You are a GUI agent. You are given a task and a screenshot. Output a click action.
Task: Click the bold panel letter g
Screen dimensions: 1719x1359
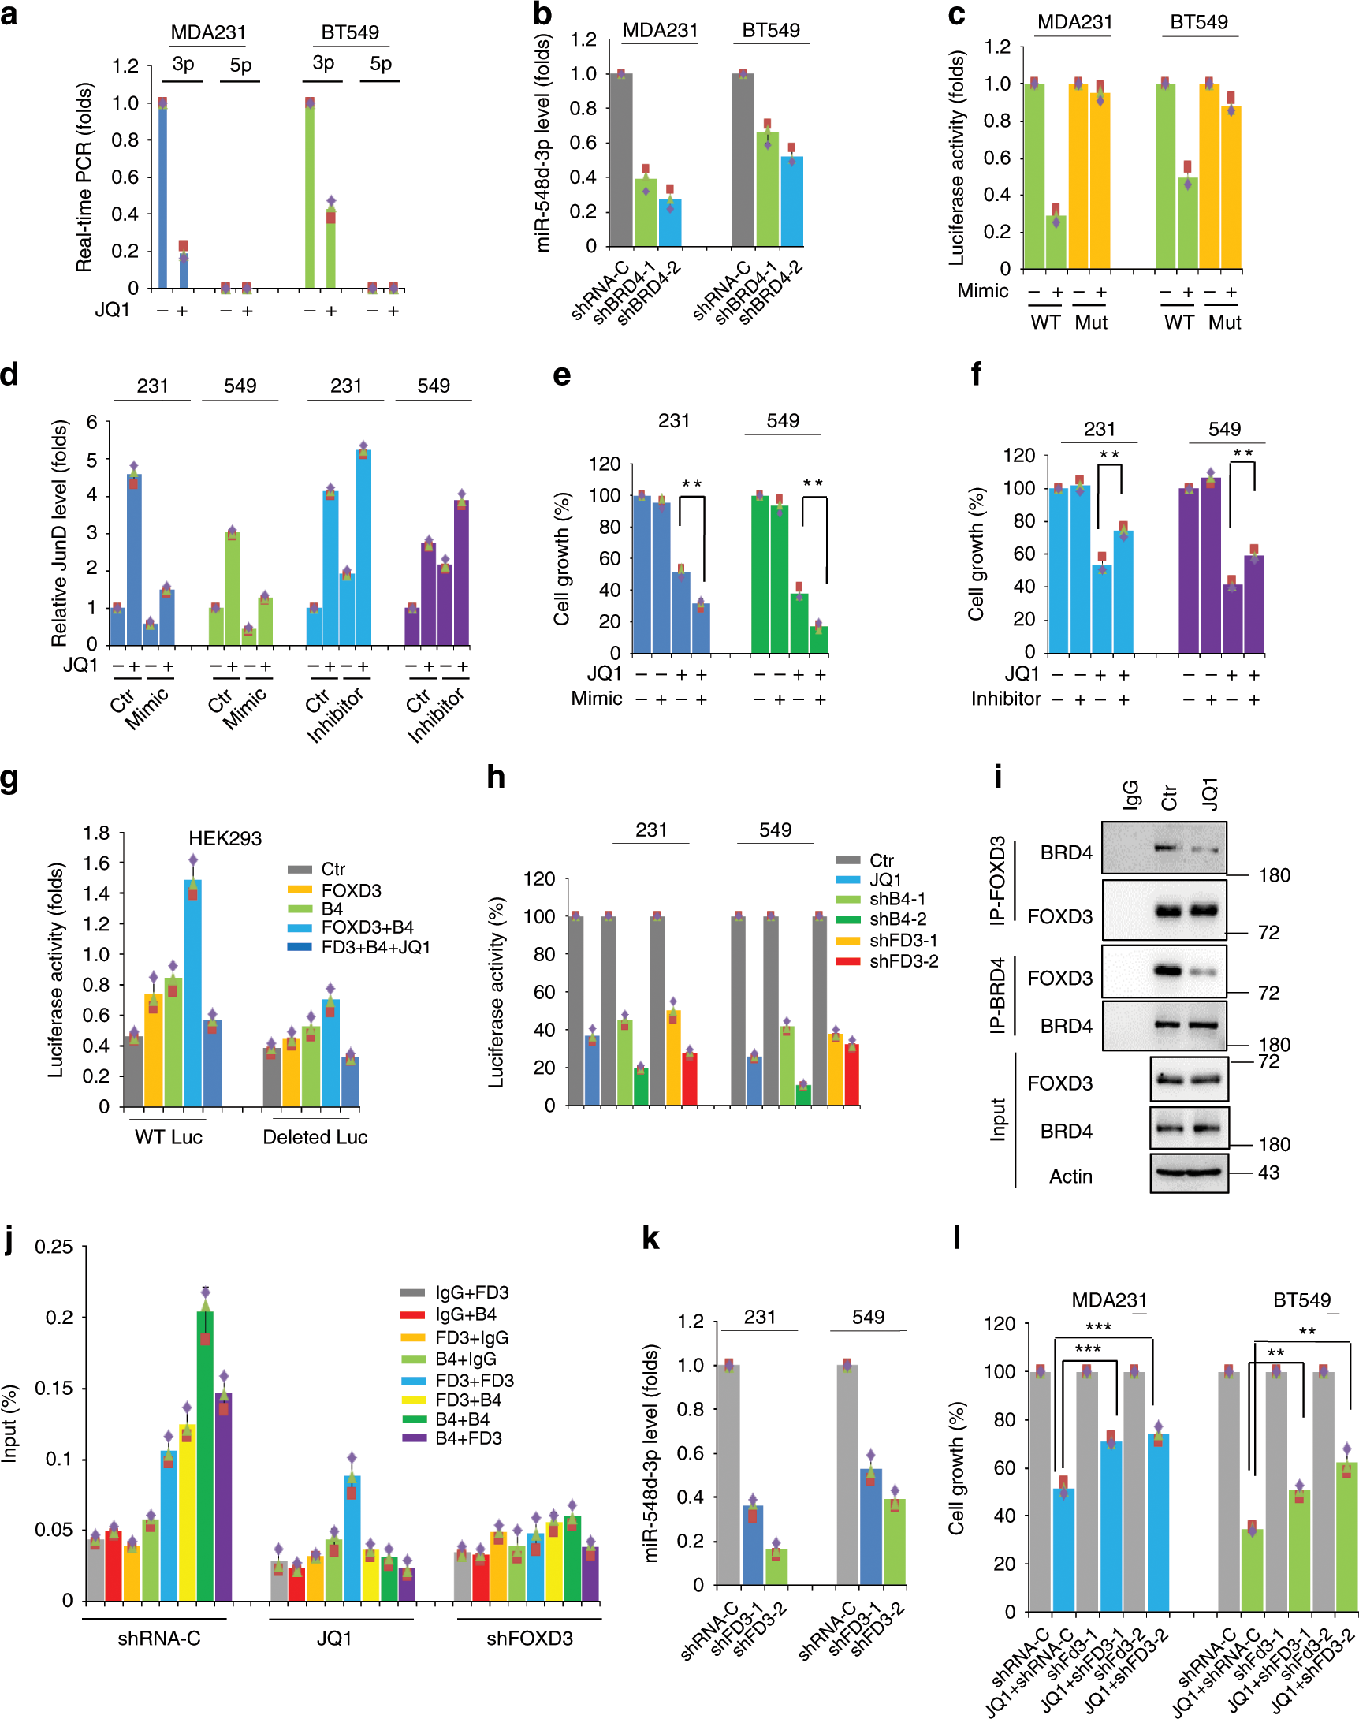(x=9, y=778)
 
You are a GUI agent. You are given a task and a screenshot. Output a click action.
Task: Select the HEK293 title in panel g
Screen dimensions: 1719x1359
(x=225, y=838)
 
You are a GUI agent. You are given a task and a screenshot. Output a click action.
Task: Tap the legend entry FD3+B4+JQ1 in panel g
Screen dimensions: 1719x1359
(x=375, y=947)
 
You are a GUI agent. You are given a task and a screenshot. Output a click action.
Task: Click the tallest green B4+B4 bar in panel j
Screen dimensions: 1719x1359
(x=205, y=1456)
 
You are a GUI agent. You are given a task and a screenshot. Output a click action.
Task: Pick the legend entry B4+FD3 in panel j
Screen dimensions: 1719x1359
(x=468, y=1438)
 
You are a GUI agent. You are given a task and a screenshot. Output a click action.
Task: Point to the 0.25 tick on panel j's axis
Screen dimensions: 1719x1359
(x=54, y=1247)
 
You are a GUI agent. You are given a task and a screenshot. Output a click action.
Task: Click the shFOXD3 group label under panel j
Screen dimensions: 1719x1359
(x=529, y=1638)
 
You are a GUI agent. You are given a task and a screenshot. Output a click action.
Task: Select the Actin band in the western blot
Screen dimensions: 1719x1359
(x=1189, y=1172)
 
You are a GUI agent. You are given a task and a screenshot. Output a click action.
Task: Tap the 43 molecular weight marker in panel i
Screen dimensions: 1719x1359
(x=1269, y=1173)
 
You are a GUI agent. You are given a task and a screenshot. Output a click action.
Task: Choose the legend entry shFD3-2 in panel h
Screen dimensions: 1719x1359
(x=903, y=961)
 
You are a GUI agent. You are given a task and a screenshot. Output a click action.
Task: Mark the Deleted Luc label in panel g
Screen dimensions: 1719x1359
(x=315, y=1137)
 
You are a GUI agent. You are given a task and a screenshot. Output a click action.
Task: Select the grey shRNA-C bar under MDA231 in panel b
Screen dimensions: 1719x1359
(x=620, y=160)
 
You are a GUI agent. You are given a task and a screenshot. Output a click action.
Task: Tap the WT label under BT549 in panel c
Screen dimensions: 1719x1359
(x=1178, y=323)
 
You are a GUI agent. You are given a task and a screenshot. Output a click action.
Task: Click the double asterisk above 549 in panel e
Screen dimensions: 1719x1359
(x=814, y=483)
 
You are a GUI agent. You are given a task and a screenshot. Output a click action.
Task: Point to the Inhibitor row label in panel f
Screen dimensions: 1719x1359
(x=1006, y=699)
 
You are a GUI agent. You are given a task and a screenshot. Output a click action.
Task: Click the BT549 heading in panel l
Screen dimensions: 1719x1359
(x=1301, y=1300)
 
